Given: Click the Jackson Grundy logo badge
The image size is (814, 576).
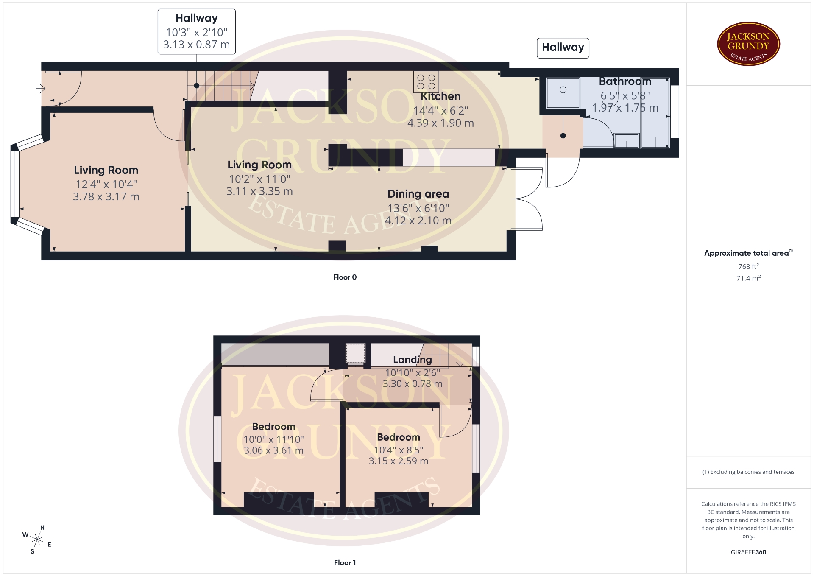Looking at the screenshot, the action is click(748, 44).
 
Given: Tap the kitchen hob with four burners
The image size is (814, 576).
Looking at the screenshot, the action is click(426, 82).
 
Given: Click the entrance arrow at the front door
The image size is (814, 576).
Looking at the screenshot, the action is click(40, 89).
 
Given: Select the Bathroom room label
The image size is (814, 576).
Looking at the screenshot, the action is click(625, 81).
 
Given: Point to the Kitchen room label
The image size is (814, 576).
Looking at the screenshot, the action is click(440, 96).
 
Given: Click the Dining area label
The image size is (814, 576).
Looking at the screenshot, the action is click(418, 194).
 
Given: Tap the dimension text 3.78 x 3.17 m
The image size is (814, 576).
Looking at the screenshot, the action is click(106, 196).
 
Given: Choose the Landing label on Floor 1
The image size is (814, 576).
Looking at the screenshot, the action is click(412, 360).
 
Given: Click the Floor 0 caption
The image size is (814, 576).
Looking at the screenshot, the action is click(345, 277).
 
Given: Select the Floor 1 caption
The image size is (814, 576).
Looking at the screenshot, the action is click(345, 562).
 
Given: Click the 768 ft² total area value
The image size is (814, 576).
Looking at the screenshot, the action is click(748, 266).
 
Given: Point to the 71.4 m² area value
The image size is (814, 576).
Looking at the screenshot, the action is click(748, 278).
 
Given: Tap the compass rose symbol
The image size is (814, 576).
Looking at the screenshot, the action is click(37, 540).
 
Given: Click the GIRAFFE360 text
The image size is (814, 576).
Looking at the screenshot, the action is click(748, 552).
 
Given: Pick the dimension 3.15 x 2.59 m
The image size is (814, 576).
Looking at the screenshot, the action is click(399, 461).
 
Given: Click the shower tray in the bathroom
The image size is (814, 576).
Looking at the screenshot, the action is click(563, 92).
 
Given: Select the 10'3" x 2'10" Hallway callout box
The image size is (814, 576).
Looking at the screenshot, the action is click(197, 32).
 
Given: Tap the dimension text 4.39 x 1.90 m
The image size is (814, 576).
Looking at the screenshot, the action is click(440, 123).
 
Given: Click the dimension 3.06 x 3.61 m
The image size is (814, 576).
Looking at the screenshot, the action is click(273, 450).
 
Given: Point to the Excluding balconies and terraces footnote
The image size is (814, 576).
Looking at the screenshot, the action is click(748, 472).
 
